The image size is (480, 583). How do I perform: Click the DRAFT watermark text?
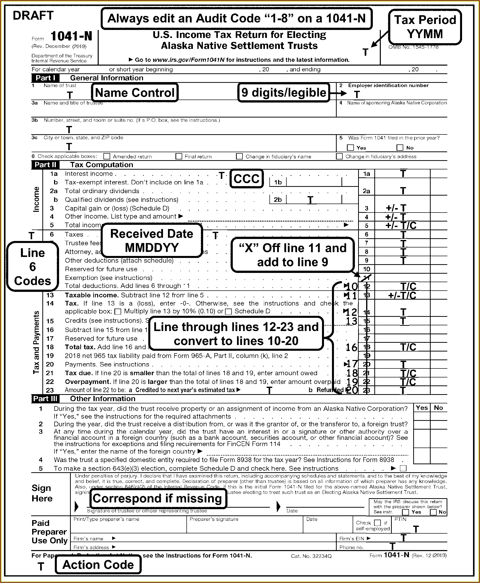tap(33, 15)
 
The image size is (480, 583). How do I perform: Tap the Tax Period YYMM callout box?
tap(425, 27)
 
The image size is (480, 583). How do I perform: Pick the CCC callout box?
tap(247, 179)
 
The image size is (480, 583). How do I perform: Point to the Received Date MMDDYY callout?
tap(152, 240)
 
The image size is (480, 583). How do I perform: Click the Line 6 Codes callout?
tap(33, 266)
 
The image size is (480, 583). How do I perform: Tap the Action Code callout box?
tap(98, 565)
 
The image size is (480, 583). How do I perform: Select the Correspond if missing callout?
tap(157, 498)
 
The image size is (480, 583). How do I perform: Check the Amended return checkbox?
tap(107, 156)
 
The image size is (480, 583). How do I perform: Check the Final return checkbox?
tap(179, 156)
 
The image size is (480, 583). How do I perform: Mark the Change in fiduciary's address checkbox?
tap(339, 156)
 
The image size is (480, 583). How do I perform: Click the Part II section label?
tap(45, 165)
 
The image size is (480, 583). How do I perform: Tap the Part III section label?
tap(45, 399)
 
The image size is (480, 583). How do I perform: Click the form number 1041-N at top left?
tap(71, 36)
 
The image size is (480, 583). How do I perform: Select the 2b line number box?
tap(278, 200)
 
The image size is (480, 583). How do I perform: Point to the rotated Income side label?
tap(36, 199)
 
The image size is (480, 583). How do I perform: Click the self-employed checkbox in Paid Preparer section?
tap(377, 523)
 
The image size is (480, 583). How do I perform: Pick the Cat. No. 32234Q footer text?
tap(311, 556)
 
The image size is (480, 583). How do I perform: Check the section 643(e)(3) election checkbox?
tap(403, 468)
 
